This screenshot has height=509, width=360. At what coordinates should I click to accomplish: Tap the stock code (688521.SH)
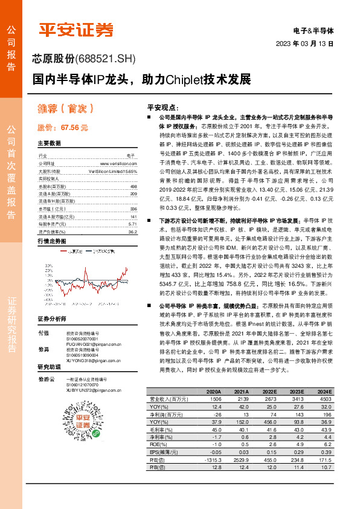click(106, 59)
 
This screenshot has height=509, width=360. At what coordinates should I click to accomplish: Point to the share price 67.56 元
click(63, 128)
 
